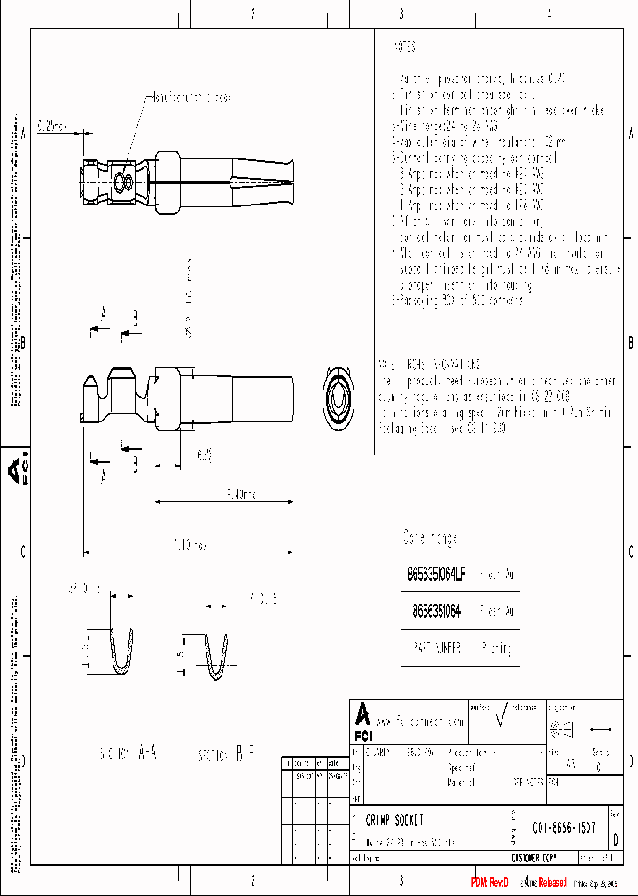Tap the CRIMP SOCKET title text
394,821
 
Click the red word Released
552,883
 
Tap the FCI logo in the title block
362,722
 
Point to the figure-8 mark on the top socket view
124,183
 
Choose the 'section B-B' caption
227,755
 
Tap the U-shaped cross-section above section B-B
215,658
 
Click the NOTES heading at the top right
404,47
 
